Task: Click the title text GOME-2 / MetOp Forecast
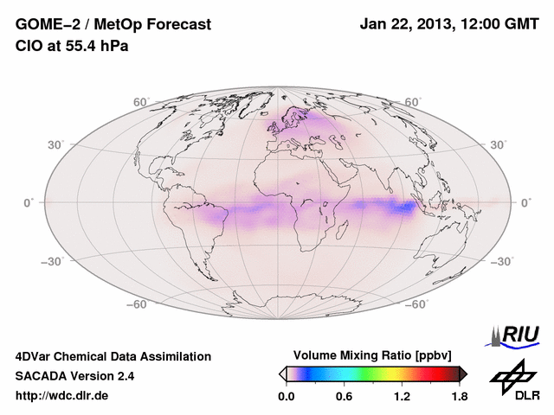coord(113,24)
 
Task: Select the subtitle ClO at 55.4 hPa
coord(72,46)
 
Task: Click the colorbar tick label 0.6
coord(344,397)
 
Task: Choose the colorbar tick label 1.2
coord(402,397)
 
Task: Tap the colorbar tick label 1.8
coord(458,397)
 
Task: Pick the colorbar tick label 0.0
coord(287,397)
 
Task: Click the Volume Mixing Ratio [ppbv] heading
coord(373,355)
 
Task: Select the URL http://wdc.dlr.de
coord(62,396)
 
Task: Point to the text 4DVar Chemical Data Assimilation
coord(113,356)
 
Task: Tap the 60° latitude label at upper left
coord(142,102)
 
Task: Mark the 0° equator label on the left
coord(29,202)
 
